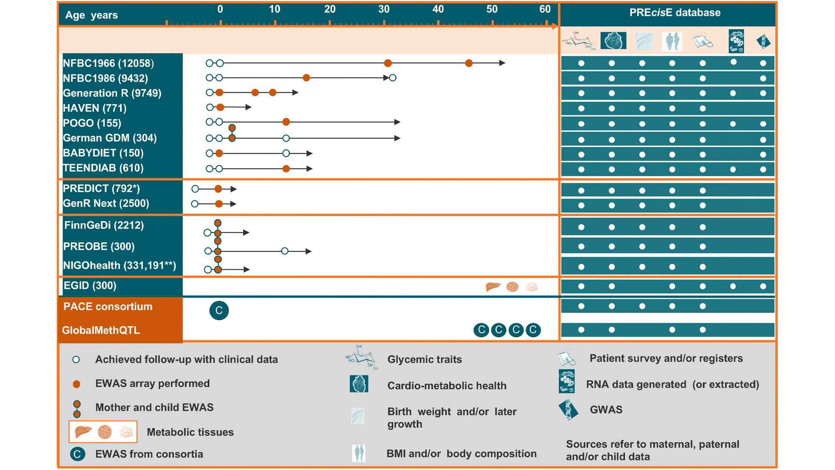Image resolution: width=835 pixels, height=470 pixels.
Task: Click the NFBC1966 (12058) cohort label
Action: pos(108,64)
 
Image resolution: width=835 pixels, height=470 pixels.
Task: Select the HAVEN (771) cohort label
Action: pos(95,108)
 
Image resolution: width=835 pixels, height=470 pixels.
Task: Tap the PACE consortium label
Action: pos(108,307)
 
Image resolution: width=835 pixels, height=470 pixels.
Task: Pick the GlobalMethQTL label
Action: pos(101,330)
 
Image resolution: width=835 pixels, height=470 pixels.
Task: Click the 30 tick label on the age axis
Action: pos(384,9)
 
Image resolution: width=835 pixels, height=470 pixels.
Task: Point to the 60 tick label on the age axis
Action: pos(545,9)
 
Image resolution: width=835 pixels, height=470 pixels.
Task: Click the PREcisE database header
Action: pos(675,13)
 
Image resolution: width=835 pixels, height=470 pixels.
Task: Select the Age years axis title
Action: pos(91,15)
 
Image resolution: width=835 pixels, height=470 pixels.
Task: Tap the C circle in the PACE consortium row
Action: pos(219,311)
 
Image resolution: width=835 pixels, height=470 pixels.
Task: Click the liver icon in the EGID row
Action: pos(493,286)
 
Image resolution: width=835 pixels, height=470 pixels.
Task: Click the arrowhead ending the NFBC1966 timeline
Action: pos(502,63)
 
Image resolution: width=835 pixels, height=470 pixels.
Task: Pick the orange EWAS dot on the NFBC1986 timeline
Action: pos(306,78)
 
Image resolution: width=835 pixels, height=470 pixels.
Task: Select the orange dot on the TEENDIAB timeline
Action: pos(286,169)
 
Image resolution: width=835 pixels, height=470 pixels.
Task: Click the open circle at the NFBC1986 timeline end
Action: pos(393,78)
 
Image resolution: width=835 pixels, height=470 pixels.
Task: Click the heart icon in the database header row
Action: pos(613,41)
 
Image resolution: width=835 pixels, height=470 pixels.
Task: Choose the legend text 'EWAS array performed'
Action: pos(152,383)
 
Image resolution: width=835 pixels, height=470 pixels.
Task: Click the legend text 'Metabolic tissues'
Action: pos(190,432)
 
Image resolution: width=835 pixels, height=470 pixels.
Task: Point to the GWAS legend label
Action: pos(606,410)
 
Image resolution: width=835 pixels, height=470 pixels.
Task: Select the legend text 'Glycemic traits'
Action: pos(424,359)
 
